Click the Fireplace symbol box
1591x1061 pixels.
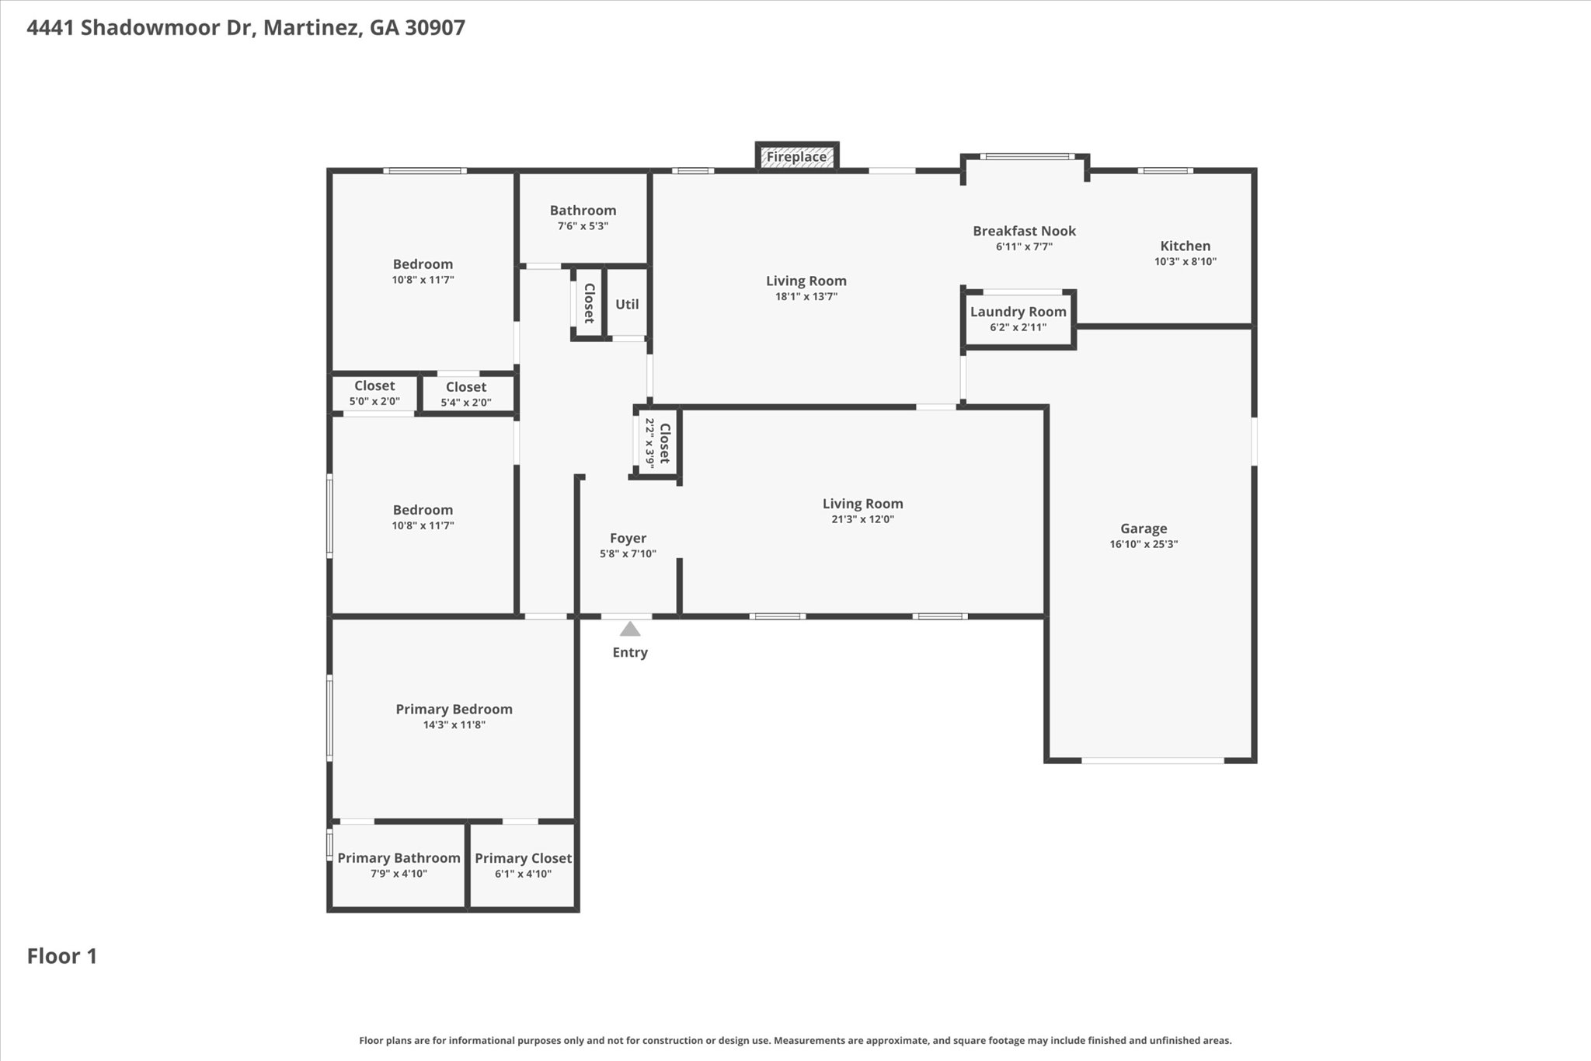(x=797, y=157)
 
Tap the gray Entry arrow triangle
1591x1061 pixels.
(x=630, y=629)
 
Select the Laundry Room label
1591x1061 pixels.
(x=1018, y=312)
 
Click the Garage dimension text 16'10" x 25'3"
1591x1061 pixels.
(x=1144, y=544)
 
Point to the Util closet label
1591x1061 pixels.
(x=627, y=304)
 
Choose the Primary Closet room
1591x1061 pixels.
(x=523, y=864)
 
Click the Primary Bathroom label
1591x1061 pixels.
(x=399, y=857)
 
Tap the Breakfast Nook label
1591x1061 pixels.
(x=1024, y=231)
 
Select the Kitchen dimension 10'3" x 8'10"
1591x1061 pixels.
(x=1185, y=262)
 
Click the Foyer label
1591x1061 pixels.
(x=628, y=538)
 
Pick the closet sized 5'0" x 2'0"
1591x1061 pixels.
(x=374, y=393)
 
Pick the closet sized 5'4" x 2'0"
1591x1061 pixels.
(x=466, y=394)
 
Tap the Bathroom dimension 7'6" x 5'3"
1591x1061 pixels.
(x=583, y=226)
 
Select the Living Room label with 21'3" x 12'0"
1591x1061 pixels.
(x=862, y=504)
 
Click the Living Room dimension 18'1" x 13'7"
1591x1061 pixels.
(x=806, y=296)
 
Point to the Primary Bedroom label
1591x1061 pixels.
(x=454, y=709)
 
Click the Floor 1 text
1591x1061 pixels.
(x=62, y=956)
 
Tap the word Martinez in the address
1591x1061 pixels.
(x=311, y=28)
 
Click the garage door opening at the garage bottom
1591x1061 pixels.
(x=1152, y=760)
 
